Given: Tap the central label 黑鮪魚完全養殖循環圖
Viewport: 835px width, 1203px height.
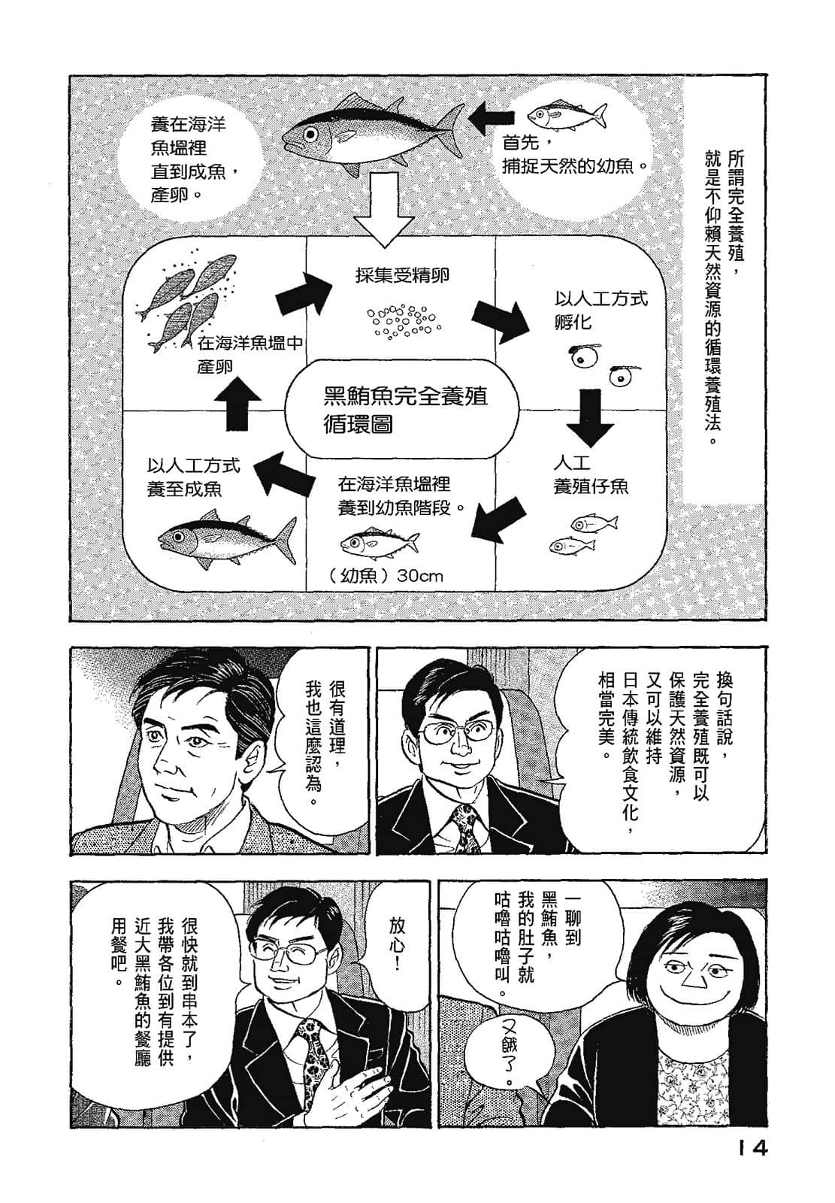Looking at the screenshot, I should (x=403, y=409).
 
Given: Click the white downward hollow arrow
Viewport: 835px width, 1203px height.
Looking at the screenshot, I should (x=385, y=211).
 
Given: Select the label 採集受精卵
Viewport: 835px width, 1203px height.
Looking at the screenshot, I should (x=403, y=274).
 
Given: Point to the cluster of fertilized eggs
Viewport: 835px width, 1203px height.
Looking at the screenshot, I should (x=401, y=320).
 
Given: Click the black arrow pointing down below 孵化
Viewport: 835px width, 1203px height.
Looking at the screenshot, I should (x=591, y=419).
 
